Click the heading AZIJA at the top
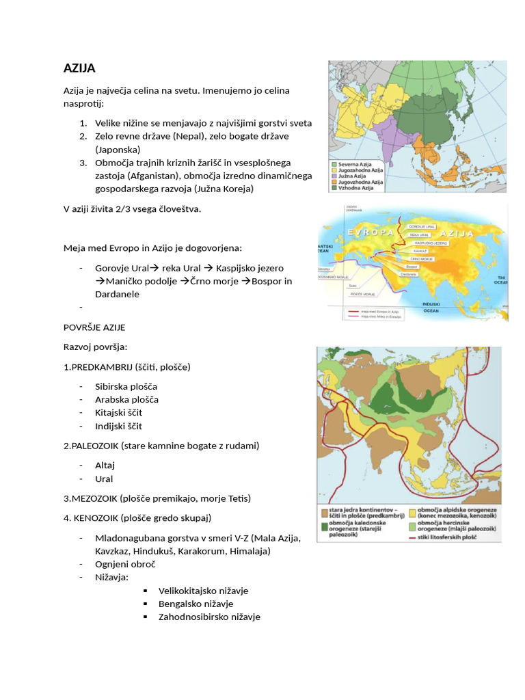point(79,68)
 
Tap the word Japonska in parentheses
point(118,149)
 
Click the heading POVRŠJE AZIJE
point(94,327)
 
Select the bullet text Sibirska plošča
point(126,386)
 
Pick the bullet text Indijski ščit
point(119,426)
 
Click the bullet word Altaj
point(105,466)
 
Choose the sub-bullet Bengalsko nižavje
point(196,604)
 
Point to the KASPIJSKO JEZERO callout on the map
point(423,243)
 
